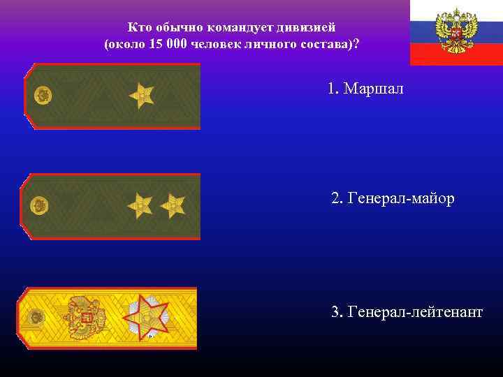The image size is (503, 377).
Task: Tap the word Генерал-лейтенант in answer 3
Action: click(x=414, y=311)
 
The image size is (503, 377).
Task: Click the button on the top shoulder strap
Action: click(x=43, y=96)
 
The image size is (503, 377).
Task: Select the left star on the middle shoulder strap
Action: click(x=140, y=205)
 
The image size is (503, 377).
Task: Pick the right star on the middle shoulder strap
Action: click(x=172, y=205)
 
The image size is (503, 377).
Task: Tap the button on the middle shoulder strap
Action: click(x=40, y=205)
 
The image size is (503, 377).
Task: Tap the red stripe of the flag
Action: click(x=455, y=54)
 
